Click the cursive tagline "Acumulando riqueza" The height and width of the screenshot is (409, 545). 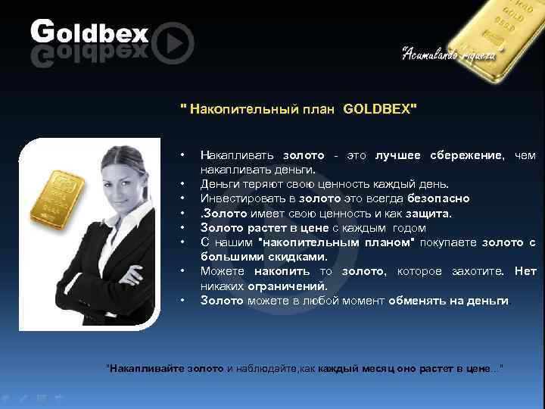pos(449,53)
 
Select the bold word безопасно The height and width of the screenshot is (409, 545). pos(438,198)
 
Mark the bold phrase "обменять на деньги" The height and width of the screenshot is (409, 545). pos(449,300)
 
